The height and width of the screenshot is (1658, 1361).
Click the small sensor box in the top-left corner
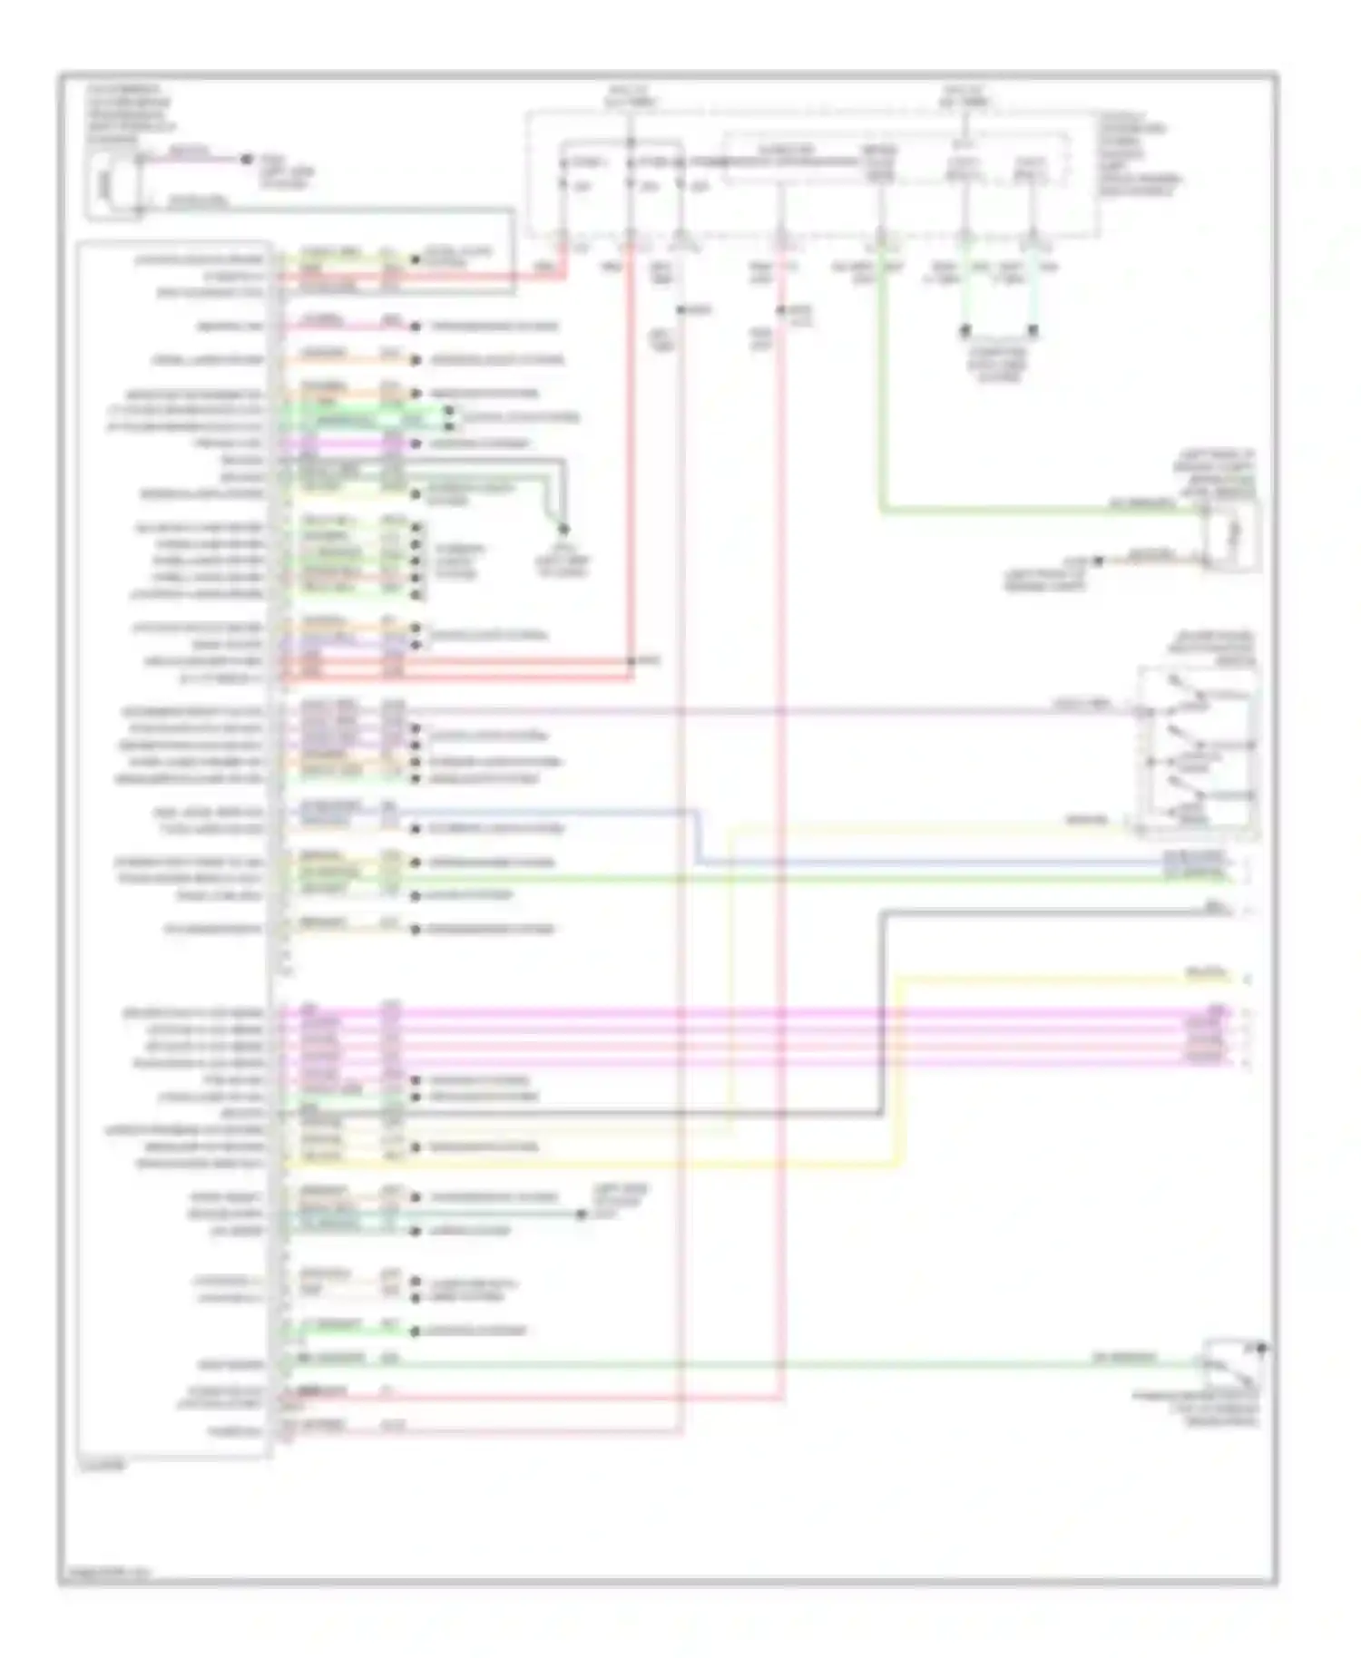point(114,186)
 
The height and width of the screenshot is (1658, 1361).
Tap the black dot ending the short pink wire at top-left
point(246,160)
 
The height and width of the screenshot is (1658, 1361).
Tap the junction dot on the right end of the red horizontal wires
point(632,661)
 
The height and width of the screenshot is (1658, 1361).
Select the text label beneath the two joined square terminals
point(999,363)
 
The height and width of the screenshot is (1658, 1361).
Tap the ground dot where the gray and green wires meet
point(563,529)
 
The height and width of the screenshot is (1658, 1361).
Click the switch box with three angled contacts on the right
point(1198,749)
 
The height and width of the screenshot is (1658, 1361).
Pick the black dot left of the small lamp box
point(1097,561)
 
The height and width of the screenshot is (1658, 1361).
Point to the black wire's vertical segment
point(881,1011)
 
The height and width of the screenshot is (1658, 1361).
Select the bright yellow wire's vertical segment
point(899,1070)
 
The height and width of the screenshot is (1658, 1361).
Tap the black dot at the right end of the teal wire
point(582,1214)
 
